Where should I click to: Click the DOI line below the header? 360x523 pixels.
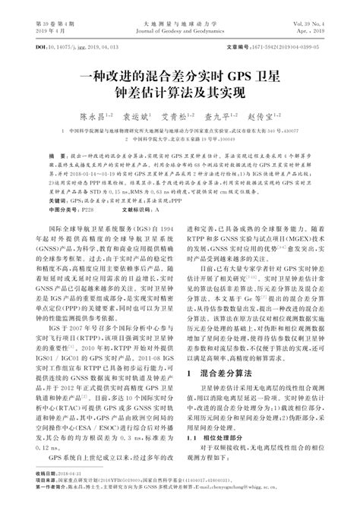point(68,47)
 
